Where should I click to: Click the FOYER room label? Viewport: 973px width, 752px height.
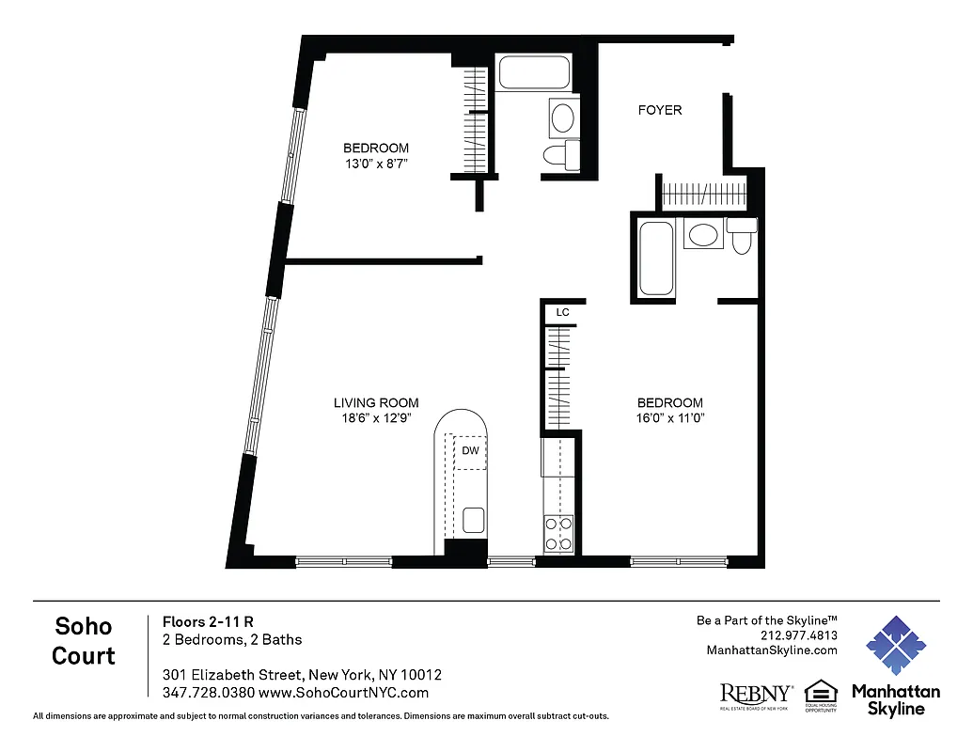660,110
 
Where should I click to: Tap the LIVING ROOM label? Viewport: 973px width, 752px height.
376,402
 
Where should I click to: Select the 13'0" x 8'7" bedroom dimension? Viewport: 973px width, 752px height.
376,164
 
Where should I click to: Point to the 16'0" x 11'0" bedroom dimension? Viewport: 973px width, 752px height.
669,418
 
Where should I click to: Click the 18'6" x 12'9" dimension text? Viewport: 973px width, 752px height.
376,418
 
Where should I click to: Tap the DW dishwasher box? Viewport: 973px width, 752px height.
470,451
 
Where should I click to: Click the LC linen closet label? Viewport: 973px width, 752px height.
562,311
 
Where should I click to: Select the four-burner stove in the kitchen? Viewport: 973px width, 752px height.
559,534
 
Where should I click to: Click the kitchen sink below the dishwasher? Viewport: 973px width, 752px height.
473,520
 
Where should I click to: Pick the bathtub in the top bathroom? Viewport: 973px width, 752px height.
533,73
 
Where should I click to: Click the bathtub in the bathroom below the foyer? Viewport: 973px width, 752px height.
655,258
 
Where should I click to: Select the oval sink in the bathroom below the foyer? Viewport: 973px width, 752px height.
702,235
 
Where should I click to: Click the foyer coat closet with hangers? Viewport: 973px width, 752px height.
702,197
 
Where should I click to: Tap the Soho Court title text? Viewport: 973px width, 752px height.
84,640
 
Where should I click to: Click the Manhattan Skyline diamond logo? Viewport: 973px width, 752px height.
895,647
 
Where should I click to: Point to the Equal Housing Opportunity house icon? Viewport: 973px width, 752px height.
821,692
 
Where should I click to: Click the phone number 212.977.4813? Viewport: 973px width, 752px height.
798,635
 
